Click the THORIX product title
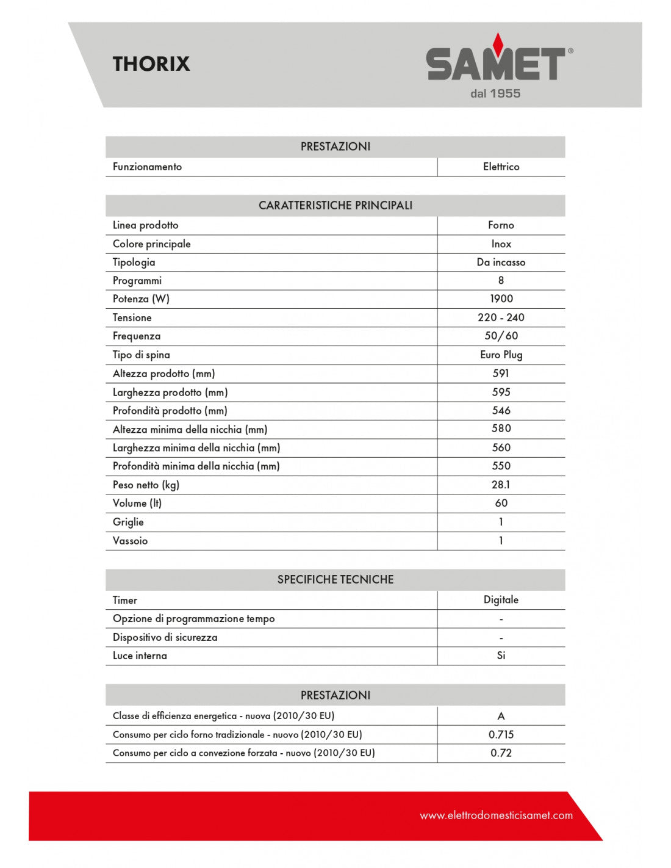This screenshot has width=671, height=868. click(151, 63)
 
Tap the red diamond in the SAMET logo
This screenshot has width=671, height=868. click(498, 43)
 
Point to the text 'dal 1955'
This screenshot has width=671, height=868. click(495, 93)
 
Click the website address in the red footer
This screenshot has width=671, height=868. click(496, 816)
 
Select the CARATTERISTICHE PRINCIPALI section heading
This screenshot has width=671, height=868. click(335, 205)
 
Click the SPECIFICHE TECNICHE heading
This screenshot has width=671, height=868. click(335, 579)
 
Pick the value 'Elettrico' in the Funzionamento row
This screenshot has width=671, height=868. click(501, 167)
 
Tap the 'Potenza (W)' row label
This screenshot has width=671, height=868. click(141, 298)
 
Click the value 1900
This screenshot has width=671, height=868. click(501, 298)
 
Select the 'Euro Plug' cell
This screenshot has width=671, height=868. click(501, 355)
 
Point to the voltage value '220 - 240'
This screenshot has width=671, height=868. click(501, 317)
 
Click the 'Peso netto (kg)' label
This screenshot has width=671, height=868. click(146, 485)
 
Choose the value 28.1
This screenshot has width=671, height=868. click(501, 485)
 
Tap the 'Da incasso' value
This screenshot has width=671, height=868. click(501, 262)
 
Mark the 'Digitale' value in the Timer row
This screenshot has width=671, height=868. click(501, 599)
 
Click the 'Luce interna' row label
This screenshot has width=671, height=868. click(140, 656)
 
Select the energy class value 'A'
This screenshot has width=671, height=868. click(501, 716)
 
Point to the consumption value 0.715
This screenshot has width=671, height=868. click(501, 734)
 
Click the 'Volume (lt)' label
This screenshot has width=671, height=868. click(137, 503)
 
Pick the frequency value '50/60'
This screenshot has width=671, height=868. click(501, 336)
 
